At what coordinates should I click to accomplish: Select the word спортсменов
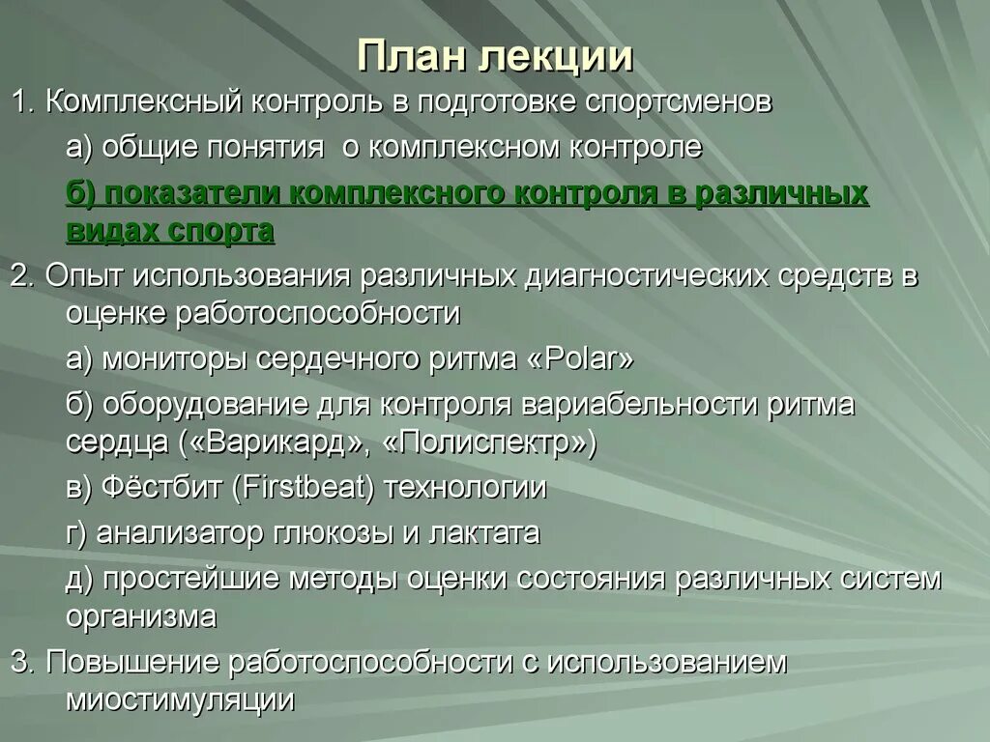point(679,102)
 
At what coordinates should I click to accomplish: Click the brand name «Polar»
point(581,359)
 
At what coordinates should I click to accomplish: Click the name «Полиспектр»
point(490,442)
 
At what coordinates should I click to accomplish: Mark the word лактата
point(482,532)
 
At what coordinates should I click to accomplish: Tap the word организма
point(141,616)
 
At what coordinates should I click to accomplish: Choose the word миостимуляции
point(180,700)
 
